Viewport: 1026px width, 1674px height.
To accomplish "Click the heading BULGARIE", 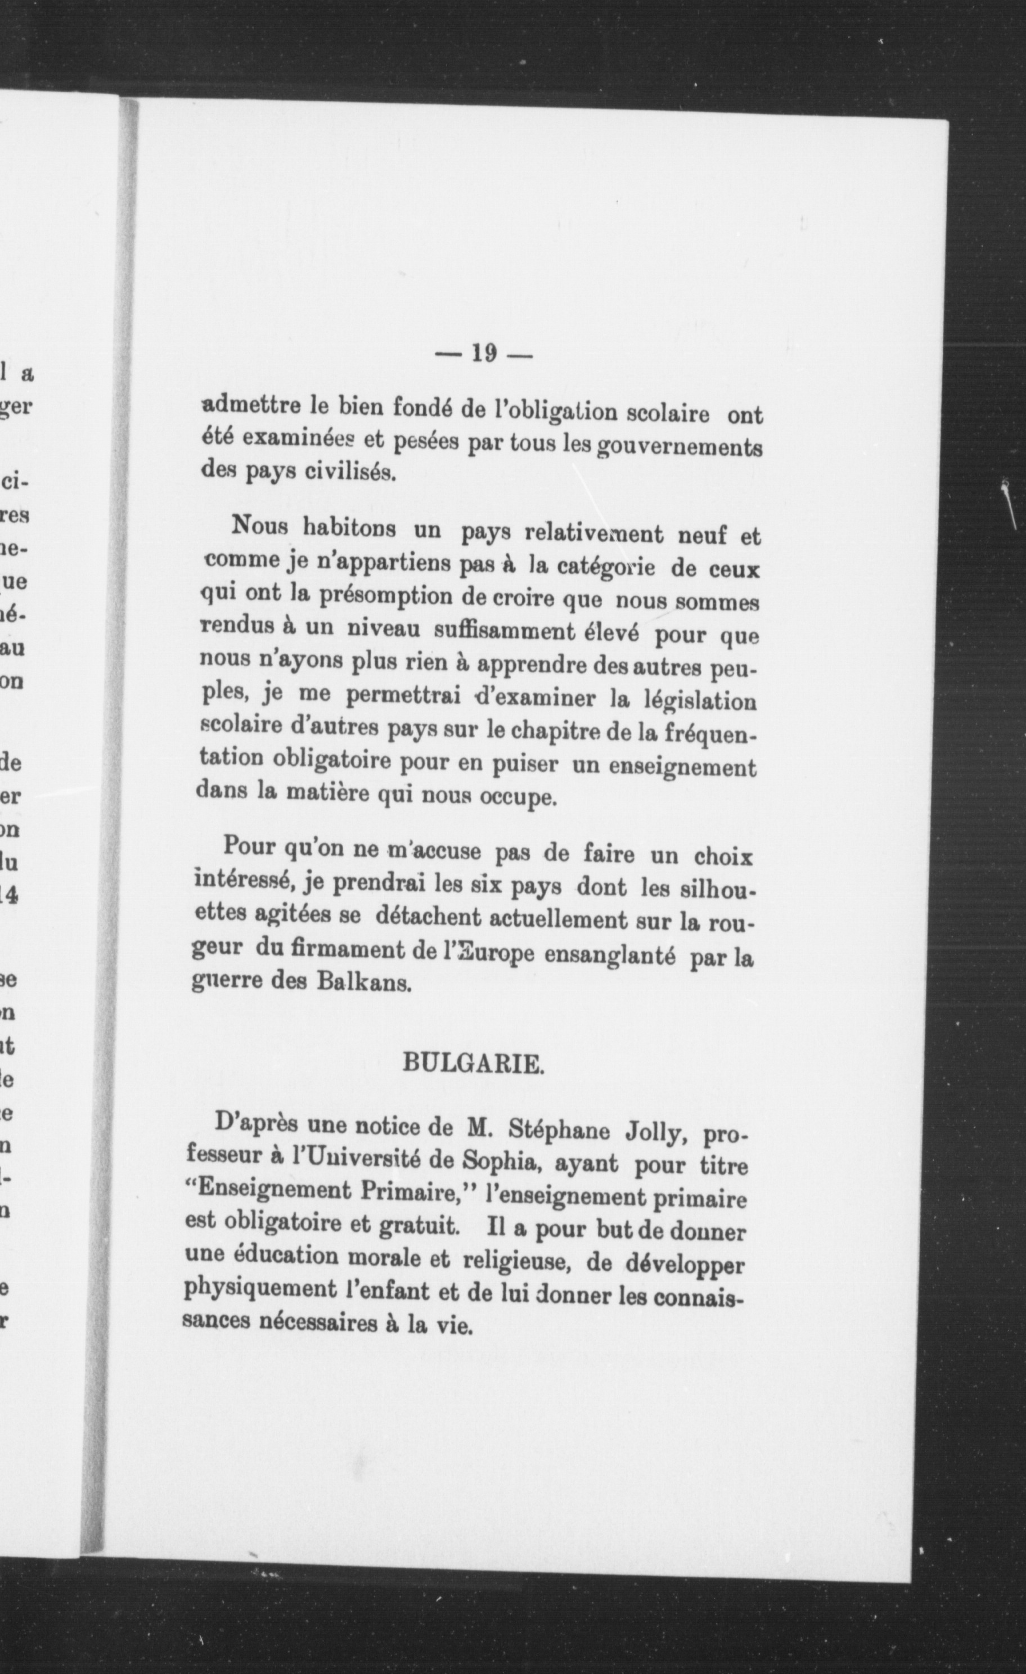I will (x=474, y=1063).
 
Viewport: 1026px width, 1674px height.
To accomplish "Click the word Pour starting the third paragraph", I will (x=249, y=847).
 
